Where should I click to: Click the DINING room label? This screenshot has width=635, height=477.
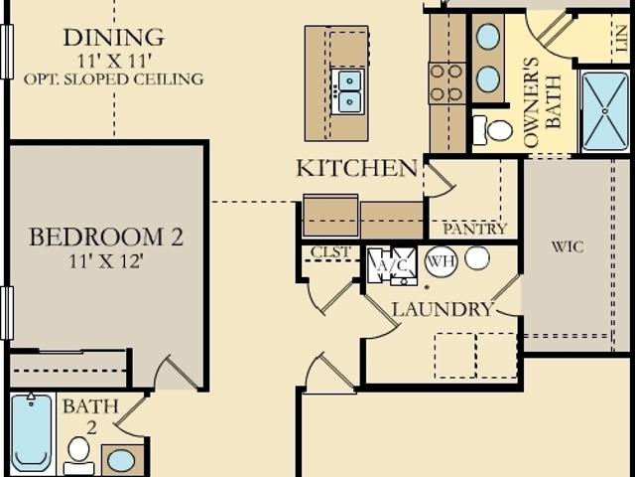click(114, 38)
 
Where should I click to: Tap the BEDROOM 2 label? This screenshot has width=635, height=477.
click(106, 237)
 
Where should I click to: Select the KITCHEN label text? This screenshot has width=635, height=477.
click(357, 168)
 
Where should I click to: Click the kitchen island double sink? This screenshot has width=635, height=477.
click(348, 91)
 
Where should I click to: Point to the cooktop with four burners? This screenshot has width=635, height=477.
click(446, 82)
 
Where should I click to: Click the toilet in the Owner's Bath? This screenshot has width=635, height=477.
click(492, 130)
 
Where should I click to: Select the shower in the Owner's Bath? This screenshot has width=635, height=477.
click(604, 111)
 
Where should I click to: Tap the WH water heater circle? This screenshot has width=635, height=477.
click(441, 261)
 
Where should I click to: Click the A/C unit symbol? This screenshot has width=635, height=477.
click(392, 266)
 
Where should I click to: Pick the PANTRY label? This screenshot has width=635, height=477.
click(474, 229)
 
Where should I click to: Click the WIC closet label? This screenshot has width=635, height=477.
click(568, 246)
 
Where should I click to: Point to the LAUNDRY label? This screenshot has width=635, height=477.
click(443, 309)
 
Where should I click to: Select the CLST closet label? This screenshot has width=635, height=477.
click(330, 251)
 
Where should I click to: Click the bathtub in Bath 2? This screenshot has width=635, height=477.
click(32, 433)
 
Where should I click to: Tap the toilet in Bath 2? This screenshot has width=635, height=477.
click(79, 455)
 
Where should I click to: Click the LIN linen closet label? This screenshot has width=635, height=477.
click(621, 39)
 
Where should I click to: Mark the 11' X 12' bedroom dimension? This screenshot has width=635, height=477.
click(106, 261)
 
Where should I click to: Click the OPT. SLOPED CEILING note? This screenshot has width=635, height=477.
click(113, 79)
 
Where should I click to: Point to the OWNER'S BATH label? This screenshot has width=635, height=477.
click(543, 101)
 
